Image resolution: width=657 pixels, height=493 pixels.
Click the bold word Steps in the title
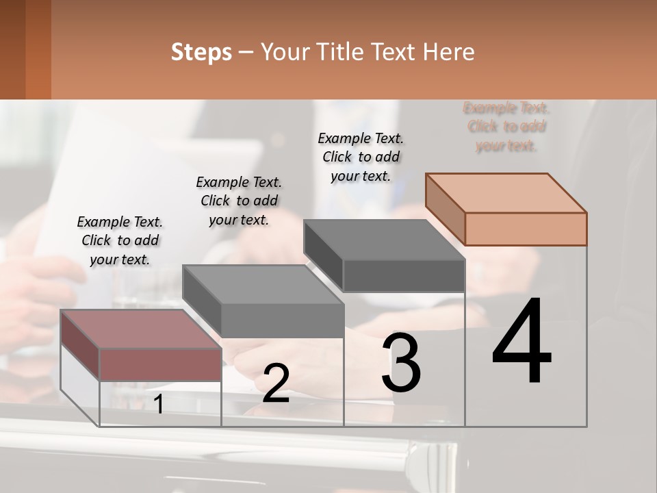point(201,52)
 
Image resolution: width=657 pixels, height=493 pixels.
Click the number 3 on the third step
point(401,362)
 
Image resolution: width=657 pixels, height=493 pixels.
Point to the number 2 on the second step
point(276,383)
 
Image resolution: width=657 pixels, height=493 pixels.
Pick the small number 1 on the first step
point(159,404)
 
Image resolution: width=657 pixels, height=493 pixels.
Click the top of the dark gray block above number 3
point(385,240)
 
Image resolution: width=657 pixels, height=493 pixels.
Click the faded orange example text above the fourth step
point(506,127)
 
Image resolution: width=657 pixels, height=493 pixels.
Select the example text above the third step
point(361,157)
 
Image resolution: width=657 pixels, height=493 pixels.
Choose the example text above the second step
point(239,201)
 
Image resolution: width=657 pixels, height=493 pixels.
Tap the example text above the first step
point(120,240)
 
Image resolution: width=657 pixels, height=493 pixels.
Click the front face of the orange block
point(526,229)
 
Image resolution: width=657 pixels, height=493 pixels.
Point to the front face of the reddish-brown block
point(160,364)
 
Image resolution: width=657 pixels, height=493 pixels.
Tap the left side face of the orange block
point(445,210)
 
